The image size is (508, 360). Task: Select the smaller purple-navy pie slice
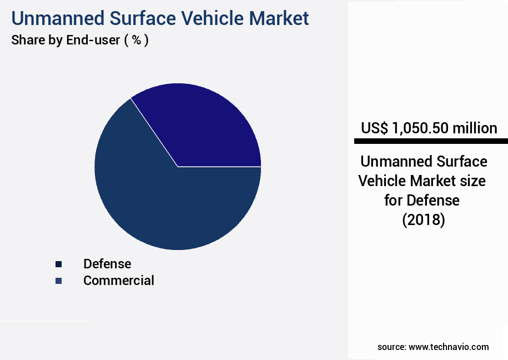click(x=205, y=128)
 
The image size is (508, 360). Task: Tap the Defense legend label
click(x=107, y=264)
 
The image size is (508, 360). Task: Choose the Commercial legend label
click(x=118, y=281)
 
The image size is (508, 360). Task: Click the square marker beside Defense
click(x=58, y=264)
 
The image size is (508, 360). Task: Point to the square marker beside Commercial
click(x=58, y=281)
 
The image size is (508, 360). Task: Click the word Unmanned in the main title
click(x=56, y=18)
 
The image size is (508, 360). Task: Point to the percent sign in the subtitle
click(x=135, y=41)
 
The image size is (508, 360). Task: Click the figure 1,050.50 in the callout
click(x=420, y=128)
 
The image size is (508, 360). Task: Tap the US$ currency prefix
click(x=375, y=128)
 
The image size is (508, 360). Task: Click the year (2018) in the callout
click(x=424, y=220)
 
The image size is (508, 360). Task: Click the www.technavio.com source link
click(x=449, y=347)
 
